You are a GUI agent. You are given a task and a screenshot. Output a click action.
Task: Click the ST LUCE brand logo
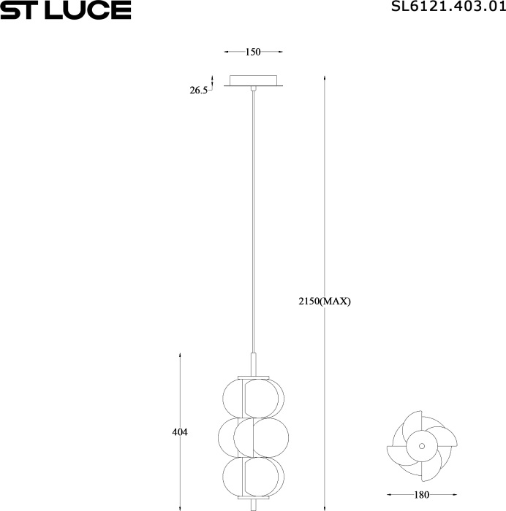[66, 10]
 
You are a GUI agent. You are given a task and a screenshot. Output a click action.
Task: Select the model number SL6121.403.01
[448, 8]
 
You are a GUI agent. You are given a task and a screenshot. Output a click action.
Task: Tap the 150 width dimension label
[253, 52]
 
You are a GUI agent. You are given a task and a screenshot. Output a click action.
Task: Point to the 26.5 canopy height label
[199, 91]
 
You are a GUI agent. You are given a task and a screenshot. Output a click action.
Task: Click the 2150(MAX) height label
[325, 301]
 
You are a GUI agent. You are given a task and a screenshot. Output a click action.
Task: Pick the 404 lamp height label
[180, 432]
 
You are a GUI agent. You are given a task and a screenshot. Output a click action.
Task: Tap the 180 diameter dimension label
[422, 494]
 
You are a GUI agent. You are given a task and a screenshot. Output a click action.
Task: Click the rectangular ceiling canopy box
[253, 80]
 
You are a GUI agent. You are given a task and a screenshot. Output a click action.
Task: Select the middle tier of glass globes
[253, 437]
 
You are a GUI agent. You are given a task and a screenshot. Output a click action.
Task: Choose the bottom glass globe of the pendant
[253, 476]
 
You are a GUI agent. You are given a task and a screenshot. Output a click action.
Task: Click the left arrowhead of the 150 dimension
[226, 52]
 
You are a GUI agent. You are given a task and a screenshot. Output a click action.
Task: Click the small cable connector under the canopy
[253, 89]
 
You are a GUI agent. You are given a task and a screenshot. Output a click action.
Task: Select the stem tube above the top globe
[253, 364]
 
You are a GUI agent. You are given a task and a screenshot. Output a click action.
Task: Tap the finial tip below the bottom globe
[253, 505]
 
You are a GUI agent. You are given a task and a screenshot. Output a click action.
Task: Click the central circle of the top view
[421, 445]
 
